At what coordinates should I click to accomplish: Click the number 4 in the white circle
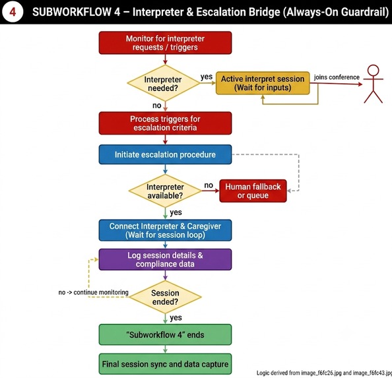pyautogui.click(x=13, y=12)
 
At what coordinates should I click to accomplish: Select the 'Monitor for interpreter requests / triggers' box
pyautogui.click(x=165, y=43)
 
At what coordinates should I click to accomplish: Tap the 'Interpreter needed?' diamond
pyautogui.click(x=164, y=83)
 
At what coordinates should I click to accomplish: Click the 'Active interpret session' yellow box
pyautogui.click(x=263, y=83)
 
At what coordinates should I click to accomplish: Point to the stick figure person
pyautogui.click(x=374, y=84)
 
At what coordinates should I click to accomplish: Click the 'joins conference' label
pyautogui.click(x=337, y=77)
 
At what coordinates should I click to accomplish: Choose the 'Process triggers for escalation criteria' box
pyautogui.click(x=165, y=123)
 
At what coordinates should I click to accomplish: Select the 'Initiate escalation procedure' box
pyautogui.click(x=165, y=154)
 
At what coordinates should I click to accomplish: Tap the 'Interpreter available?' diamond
pyautogui.click(x=165, y=191)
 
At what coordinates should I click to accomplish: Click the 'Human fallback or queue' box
pyautogui.click(x=253, y=191)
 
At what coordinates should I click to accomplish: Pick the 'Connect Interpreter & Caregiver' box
pyautogui.click(x=165, y=230)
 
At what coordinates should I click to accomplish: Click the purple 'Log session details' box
pyautogui.click(x=165, y=259)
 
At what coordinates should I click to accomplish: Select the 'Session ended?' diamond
pyautogui.click(x=165, y=297)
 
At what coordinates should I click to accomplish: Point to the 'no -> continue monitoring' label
pyautogui.click(x=94, y=292)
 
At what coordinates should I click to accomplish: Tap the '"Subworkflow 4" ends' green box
pyautogui.click(x=165, y=334)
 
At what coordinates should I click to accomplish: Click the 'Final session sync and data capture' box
pyautogui.click(x=165, y=364)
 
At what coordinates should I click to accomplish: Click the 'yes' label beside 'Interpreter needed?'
pyautogui.click(x=207, y=77)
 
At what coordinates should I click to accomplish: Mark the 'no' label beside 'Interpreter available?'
pyautogui.click(x=209, y=185)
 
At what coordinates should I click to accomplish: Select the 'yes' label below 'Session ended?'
pyautogui.click(x=176, y=318)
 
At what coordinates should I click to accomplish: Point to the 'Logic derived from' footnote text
pyautogui.click(x=324, y=373)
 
